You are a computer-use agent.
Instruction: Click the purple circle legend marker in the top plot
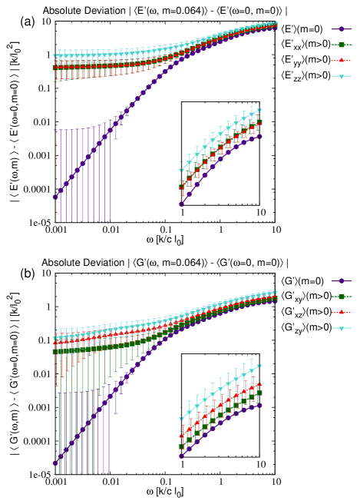point(342,29)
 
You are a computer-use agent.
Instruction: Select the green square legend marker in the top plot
point(342,45)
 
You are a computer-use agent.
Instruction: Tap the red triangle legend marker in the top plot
point(342,60)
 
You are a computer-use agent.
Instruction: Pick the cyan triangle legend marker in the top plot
point(342,76)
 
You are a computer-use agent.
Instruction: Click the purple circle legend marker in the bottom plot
point(342,281)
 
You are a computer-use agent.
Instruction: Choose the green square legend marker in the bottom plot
point(342,297)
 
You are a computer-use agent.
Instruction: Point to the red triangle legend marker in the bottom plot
point(342,312)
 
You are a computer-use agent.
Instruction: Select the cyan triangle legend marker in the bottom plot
point(342,328)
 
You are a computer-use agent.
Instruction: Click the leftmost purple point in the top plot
point(54,197)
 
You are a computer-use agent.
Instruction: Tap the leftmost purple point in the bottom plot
point(54,463)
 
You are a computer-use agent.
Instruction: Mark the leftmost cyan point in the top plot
point(54,56)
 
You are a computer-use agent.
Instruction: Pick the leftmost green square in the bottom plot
point(54,352)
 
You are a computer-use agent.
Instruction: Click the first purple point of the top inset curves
point(181,204)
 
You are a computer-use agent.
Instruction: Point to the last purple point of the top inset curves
point(259,136)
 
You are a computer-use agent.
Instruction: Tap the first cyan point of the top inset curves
point(181,171)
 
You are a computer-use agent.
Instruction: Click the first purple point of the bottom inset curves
point(181,456)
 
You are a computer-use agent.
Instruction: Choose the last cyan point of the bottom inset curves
point(259,366)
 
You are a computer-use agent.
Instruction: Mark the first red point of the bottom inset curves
point(181,436)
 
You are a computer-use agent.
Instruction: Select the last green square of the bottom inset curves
point(259,393)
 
